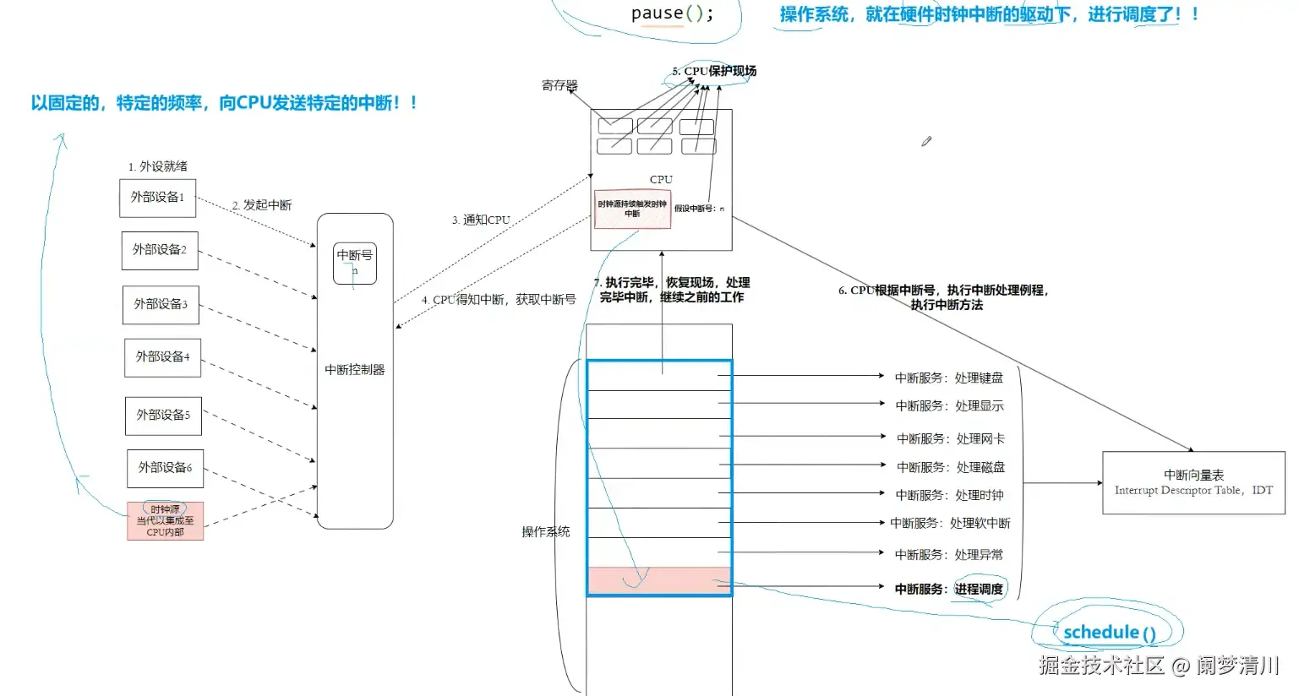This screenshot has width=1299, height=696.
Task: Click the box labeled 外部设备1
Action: (x=157, y=198)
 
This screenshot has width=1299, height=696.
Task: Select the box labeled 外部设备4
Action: (x=162, y=357)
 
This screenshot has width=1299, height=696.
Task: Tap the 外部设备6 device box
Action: (x=165, y=468)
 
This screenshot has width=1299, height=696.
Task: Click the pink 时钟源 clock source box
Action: (x=165, y=521)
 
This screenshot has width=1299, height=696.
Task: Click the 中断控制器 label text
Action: (x=355, y=370)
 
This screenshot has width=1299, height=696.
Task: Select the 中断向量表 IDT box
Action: (x=1193, y=482)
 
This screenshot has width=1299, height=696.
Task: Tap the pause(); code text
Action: (x=672, y=14)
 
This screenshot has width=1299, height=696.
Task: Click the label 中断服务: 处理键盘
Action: (x=949, y=378)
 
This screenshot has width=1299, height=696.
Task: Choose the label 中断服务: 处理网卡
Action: (x=951, y=438)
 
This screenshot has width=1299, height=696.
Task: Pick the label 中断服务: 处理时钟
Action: (x=950, y=495)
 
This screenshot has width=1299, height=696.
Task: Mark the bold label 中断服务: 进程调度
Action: (x=949, y=589)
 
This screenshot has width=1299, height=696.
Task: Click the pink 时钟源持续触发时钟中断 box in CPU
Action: (x=632, y=209)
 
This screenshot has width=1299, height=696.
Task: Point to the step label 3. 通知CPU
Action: (x=481, y=220)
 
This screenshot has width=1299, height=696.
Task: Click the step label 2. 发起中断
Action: (x=262, y=205)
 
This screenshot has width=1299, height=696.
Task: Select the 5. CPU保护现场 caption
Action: (x=714, y=71)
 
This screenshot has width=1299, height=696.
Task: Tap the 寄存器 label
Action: (x=559, y=85)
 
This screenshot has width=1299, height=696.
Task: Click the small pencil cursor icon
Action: (x=926, y=141)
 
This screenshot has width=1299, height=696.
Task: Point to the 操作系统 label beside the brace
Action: (x=545, y=531)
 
